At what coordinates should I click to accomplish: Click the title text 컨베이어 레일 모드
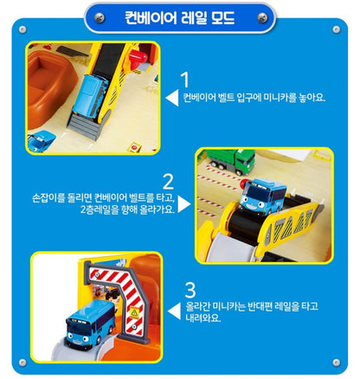point(179,17)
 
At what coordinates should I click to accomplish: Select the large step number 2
point(169,182)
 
